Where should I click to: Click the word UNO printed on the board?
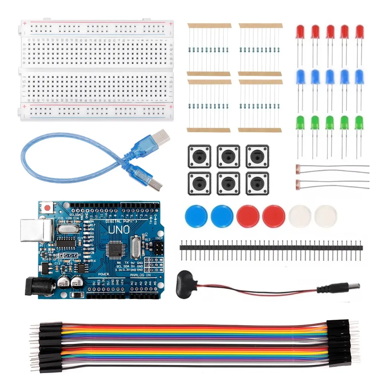(x=119, y=230)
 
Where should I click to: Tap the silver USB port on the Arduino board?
(x=36, y=229)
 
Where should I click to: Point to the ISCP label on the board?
(x=158, y=238)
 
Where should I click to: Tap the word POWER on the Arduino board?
(x=104, y=274)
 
